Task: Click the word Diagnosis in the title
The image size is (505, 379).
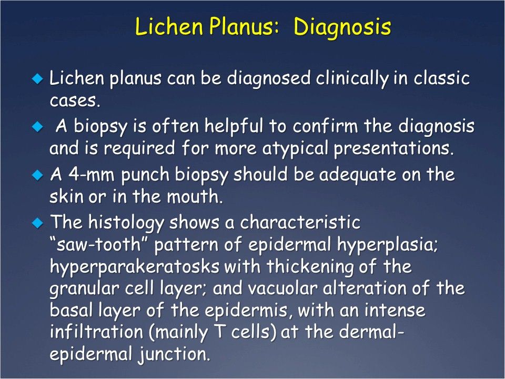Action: (342, 27)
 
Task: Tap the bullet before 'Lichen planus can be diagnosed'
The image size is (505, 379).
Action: (36, 79)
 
